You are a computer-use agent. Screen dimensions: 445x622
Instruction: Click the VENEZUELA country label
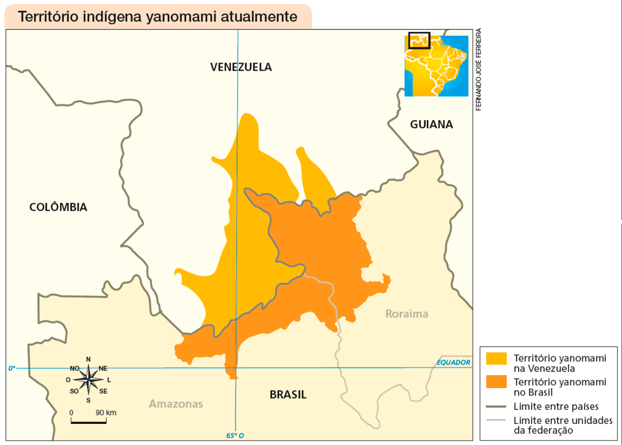(240, 67)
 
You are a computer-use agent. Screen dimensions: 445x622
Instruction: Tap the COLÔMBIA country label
(58, 207)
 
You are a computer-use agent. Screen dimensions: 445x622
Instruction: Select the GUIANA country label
(431, 124)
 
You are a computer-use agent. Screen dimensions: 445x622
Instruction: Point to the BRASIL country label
(287, 395)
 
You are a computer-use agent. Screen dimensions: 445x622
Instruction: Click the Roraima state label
(406, 314)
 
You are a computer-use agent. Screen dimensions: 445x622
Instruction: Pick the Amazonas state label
(176, 404)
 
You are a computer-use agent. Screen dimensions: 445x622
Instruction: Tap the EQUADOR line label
(453, 363)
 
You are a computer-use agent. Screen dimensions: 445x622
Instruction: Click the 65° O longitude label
(235, 436)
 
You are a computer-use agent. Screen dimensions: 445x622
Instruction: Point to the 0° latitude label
(12, 368)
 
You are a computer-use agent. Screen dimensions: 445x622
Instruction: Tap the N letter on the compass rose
(89, 359)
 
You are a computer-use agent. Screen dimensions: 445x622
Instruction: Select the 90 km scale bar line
(89, 423)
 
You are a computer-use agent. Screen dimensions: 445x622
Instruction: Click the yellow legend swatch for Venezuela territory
(496, 358)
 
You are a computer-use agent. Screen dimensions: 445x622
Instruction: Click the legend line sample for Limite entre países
(496, 407)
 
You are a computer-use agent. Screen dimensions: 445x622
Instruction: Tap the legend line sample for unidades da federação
(496, 420)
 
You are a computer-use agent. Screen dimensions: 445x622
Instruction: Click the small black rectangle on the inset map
(419, 40)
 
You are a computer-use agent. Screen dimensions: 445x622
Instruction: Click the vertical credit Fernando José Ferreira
(479, 69)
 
